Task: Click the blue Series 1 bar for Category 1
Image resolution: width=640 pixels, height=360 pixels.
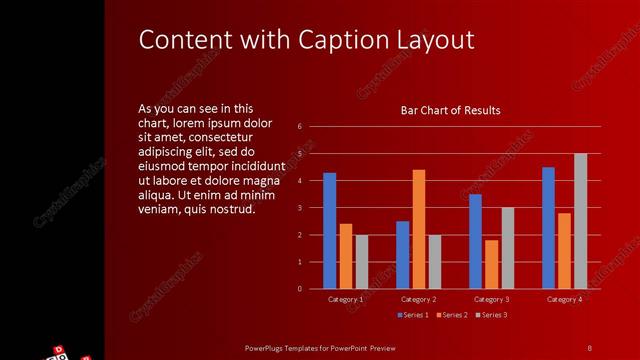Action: point(330,231)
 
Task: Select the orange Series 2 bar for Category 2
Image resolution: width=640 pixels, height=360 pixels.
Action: point(418,229)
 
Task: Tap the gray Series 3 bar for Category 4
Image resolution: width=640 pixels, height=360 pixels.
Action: point(580,221)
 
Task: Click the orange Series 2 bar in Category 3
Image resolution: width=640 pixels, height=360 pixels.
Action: point(491,264)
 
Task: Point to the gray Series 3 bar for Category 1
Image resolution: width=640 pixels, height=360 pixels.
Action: point(362,262)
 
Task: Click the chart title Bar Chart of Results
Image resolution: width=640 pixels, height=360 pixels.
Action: point(450,110)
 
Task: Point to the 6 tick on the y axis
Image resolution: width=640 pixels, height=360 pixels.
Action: point(299,127)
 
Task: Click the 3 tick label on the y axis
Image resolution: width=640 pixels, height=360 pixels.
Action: point(299,208)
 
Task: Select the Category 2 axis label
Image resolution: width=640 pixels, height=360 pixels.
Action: point(418,299)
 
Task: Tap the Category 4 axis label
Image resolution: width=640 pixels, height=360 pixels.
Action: point(564,299)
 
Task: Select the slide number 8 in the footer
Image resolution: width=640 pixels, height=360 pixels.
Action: point(590,347)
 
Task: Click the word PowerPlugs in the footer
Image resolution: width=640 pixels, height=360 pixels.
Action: point(268,347)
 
